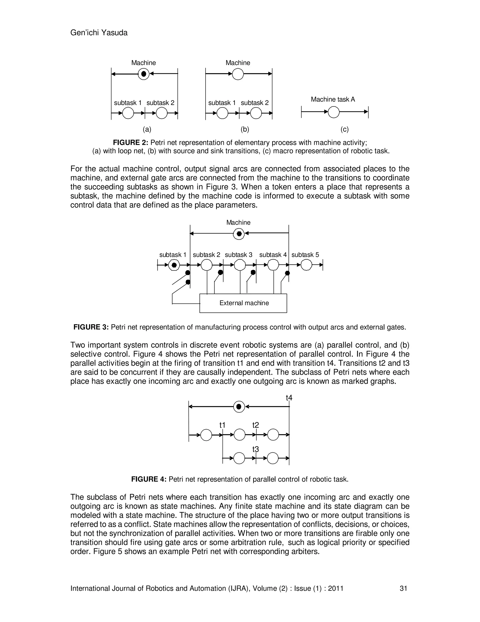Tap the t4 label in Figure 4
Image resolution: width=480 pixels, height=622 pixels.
(289, 398)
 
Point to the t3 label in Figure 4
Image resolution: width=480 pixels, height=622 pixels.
(256, 449)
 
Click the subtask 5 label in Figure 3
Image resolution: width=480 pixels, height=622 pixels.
(305, 255)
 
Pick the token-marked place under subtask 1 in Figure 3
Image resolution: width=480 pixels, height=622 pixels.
(174, 265)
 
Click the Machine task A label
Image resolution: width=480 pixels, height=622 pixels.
(333, 99)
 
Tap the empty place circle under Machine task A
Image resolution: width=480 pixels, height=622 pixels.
(334, 112)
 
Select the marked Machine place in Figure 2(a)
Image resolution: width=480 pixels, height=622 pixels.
(144, 74)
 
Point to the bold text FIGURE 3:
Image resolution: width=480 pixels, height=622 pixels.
(91, 327)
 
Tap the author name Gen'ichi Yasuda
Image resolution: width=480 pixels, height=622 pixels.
(99, 33)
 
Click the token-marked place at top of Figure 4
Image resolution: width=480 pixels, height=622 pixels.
(239, 407)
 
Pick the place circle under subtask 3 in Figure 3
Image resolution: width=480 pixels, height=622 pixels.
(240, 265)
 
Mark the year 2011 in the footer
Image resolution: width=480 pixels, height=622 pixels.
(336, 588)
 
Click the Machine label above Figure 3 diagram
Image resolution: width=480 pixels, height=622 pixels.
(238, 223)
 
